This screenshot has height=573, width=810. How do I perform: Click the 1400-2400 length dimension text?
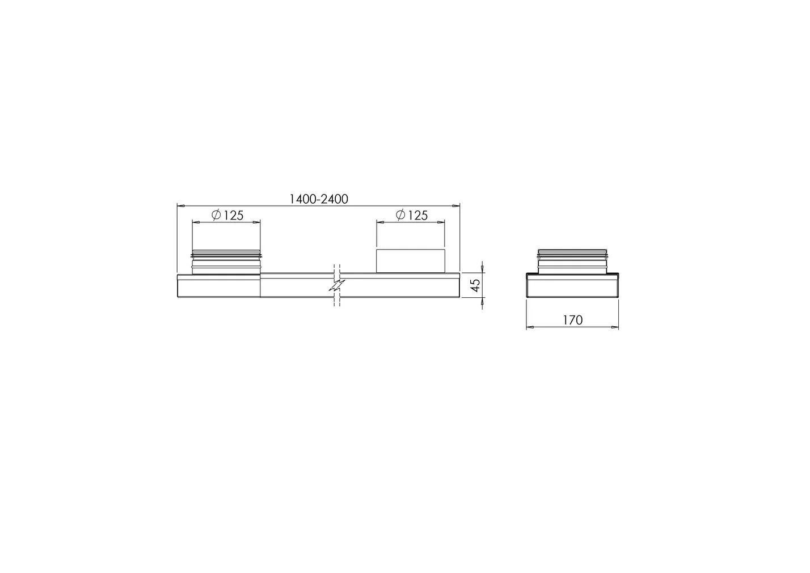coord(318,199)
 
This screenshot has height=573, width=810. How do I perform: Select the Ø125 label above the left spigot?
coord(227,216)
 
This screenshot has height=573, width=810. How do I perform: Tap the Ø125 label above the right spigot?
coord(411,216)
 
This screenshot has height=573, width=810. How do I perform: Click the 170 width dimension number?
coord(572,321)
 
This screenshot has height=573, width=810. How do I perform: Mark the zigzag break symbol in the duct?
coord(337,285)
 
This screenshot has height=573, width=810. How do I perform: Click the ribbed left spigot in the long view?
coord(227,262)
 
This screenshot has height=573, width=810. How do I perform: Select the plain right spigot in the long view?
coord(411,261)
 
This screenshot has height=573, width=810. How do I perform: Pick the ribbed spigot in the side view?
coord(572,261)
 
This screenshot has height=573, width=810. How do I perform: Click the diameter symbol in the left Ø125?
coord(216,215)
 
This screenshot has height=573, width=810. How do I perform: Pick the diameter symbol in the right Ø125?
coord(400,215)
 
